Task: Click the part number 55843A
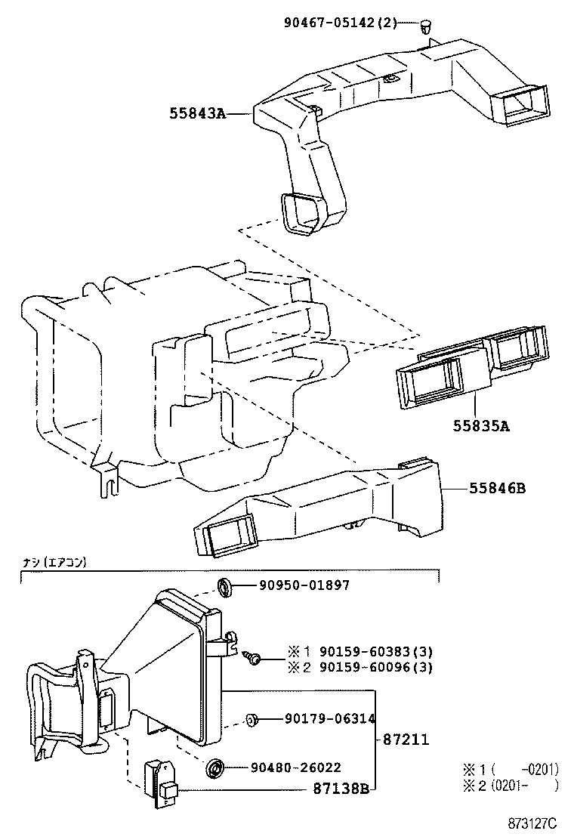197,114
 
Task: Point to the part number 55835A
481,426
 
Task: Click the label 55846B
497,489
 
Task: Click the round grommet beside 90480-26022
215,768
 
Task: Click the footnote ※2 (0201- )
510,786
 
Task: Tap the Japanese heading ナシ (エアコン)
54,562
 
